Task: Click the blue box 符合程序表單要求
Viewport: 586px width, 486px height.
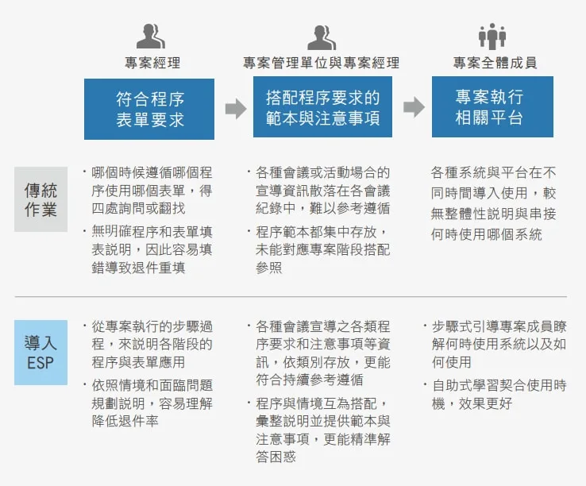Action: [149, 109]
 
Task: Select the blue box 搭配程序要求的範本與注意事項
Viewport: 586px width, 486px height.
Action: [322, 107]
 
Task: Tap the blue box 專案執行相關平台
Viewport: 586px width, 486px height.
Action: [492, 107]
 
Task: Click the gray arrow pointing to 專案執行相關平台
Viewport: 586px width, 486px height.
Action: [414, 107]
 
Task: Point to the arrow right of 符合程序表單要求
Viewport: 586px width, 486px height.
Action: [236, 109]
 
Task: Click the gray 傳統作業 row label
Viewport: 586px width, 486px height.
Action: [40, 199]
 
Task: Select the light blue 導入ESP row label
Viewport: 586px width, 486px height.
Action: [40, 353]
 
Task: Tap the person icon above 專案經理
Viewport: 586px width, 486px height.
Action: [151, 37]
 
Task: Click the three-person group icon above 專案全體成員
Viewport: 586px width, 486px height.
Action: [492, 37]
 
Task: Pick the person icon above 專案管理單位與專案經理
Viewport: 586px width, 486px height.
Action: [322, 38]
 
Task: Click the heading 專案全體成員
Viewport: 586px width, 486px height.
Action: [495, 63]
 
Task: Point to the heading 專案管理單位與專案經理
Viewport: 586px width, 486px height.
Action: [322, 63]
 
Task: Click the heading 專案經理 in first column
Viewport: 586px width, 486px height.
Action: [152, 63]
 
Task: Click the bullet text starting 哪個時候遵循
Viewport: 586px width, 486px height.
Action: [148, 191]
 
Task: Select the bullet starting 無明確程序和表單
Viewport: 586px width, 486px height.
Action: [148, 249]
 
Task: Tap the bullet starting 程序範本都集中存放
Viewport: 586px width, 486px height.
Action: [318, 249]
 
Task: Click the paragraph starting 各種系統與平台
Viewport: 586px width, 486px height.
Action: [493, 203]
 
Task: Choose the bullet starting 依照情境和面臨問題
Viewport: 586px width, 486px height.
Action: [148, 403]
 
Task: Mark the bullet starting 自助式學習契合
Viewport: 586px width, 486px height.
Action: [495, 394]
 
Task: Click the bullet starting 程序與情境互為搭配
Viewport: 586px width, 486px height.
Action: [318, 430]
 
